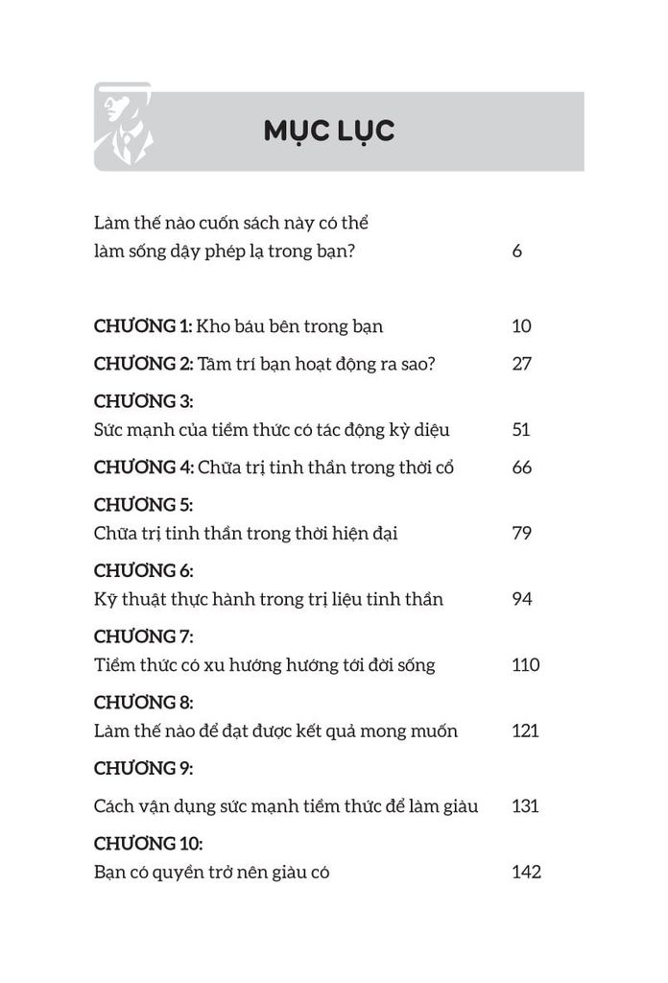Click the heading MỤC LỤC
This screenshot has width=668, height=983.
click(328, 131)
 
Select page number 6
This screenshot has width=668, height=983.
click(517, 253)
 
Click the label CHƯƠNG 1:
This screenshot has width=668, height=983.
click(143, 325)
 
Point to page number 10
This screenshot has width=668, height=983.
click(521, 325)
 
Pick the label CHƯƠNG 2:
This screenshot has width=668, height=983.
click(144, 363)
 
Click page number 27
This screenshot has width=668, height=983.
click(521, 363)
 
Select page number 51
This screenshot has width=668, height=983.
click(521, 429)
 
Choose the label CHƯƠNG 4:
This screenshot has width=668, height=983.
click(144, 468)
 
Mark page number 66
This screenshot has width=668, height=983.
click(521, 468)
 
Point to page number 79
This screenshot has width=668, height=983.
click(521, 533)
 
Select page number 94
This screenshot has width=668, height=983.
click(521, 599)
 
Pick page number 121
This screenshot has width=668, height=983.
click(525, 731)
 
